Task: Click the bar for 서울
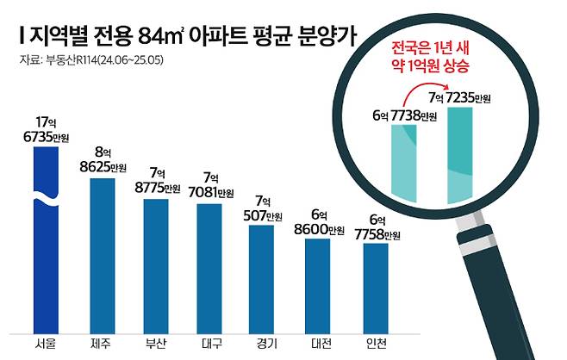(x=46, y=241)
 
